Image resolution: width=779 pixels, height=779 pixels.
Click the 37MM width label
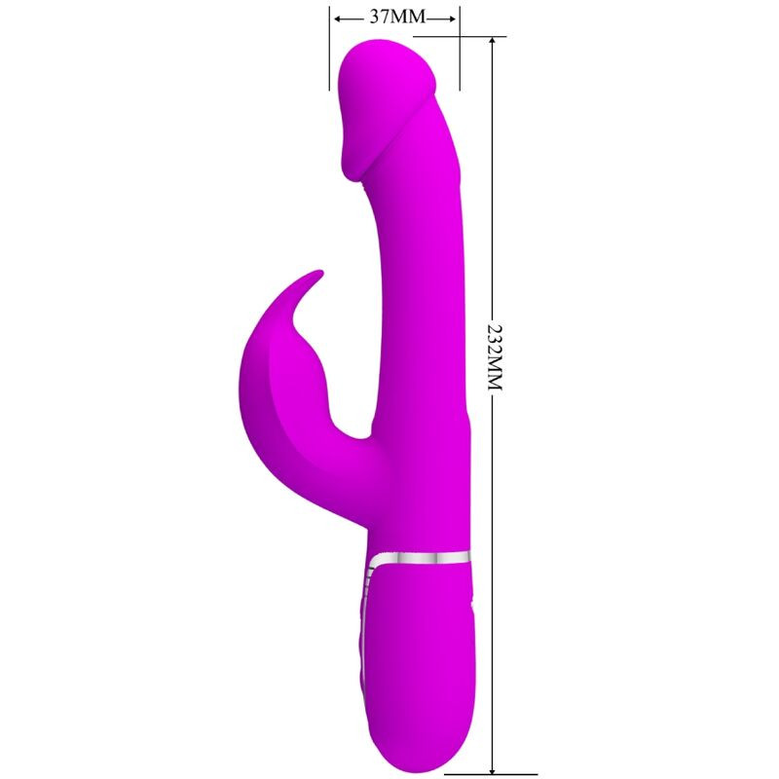coord(394,18)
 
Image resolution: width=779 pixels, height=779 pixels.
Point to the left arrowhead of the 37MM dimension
coord(337,18)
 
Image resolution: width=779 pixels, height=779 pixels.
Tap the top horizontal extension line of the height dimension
coord(482,37)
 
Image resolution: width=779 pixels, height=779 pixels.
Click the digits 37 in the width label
coord(381,18)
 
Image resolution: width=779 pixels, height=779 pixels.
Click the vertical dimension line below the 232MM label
coord(495,584)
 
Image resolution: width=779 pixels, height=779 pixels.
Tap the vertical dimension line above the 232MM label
coord(495,175)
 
